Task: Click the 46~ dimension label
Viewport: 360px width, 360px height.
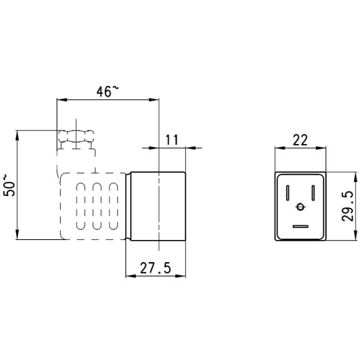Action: coord(108,91)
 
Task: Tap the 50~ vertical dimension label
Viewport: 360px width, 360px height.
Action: coord(9,185)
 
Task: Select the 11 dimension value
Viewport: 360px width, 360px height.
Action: coord(172,139)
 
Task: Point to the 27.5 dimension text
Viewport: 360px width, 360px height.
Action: coord(155,268)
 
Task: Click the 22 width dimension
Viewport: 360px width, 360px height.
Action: coord(300,140)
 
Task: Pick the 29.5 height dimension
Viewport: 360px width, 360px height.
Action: coord(347,207)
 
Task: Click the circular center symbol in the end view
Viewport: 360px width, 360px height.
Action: coord(300,207)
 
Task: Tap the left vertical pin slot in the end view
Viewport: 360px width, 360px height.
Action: coord(287,193)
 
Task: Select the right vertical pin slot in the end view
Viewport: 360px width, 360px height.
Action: coord(313,193)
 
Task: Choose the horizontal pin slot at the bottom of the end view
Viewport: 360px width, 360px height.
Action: coord(300,227)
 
